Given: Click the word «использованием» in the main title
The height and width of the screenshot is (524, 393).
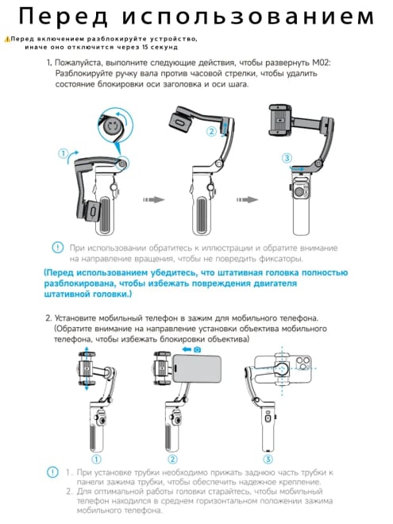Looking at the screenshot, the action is [248, 17].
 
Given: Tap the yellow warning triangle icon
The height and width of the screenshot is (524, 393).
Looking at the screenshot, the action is [7, 40].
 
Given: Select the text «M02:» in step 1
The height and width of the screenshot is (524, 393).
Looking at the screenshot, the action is [322, 63].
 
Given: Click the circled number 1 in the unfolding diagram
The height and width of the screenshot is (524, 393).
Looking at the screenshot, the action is [63, 154].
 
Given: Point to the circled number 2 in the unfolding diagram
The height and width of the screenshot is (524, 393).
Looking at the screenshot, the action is [211, 131].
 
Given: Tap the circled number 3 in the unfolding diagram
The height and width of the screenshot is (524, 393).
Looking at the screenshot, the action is [287, 158].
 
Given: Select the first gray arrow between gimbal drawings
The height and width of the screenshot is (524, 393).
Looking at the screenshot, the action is [154, 200].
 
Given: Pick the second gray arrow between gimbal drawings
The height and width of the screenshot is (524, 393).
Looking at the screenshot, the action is [247, 200].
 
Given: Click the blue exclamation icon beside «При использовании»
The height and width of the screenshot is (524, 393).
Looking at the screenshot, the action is [57, 248].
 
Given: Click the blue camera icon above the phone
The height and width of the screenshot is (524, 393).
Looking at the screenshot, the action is [198, 349].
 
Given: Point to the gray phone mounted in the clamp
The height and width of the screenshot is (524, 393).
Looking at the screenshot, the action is [197, 368].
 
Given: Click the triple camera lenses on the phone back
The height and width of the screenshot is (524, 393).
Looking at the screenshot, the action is [303, 364].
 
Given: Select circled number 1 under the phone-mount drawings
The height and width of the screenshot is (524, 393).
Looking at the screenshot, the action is [96, 459].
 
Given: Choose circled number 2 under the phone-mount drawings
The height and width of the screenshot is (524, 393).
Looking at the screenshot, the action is [172, 459].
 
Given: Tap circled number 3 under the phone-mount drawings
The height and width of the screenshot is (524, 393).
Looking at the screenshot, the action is [268, 459].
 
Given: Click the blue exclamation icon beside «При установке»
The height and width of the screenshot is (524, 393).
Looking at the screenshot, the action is [53, 472].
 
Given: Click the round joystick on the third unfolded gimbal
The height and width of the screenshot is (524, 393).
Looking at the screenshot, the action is [299, 193].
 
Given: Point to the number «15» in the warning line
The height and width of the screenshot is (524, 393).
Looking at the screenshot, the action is [144, 47].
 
